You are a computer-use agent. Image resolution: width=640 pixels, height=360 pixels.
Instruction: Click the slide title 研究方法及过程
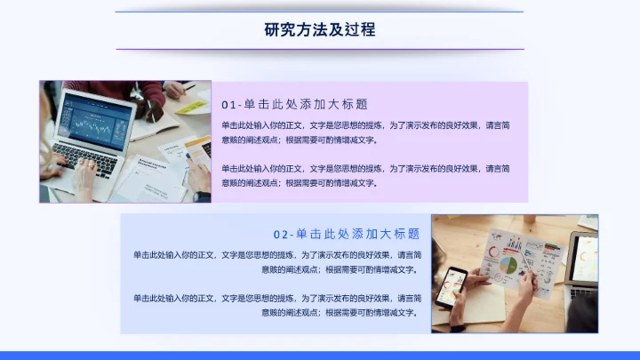320,29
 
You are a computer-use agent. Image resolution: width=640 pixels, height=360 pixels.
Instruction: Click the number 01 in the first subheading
229,103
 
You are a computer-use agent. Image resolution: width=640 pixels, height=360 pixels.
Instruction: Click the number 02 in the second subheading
280,234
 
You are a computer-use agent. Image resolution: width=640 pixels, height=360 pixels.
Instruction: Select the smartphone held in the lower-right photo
455,283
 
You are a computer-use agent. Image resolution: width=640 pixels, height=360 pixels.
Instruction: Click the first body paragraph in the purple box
364,132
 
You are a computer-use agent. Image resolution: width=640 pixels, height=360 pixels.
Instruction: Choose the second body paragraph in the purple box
364,175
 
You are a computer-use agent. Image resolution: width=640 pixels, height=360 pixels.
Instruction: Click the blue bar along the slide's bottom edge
320,356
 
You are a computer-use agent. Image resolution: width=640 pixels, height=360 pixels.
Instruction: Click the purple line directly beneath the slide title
320,49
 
